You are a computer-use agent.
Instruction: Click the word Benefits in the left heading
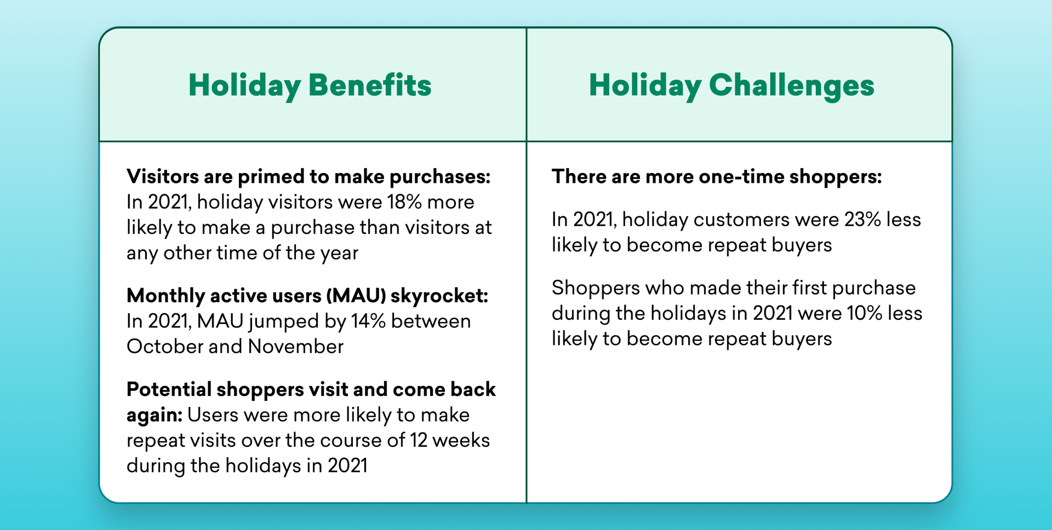click(x=370, y=85)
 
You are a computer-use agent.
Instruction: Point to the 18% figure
click(x=404, y=202)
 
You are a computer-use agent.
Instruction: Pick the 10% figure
click(x=865, y=313)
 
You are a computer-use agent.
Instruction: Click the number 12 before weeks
click(x=419, y=440)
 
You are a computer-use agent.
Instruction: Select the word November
click(x=296, y=347)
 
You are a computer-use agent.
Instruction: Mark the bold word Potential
click(x=169, y=389)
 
